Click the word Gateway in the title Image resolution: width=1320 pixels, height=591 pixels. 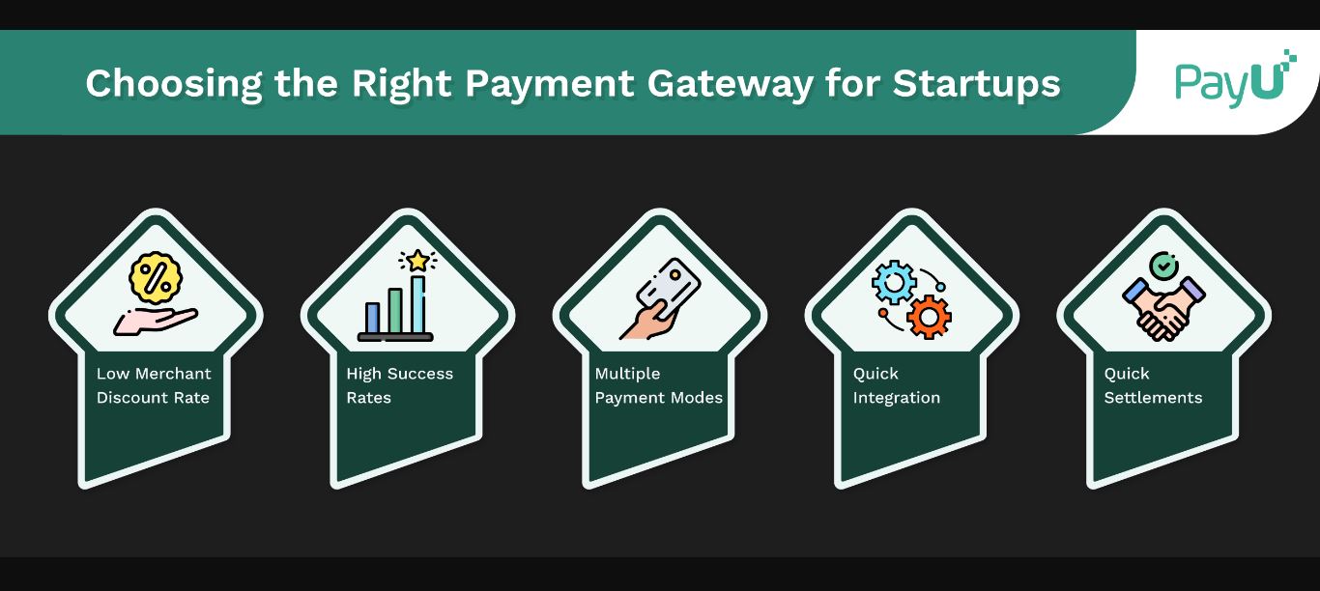pyautogui.click(x=730, y=83)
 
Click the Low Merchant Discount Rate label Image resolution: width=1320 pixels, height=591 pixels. pyautogui.click(x=154, y=385)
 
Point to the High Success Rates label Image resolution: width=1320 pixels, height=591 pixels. pyautogui.click(x=399, y=385)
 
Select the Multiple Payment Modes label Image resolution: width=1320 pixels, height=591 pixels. pyautogui.click(x=658, y=385)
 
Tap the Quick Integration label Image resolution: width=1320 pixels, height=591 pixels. pyautogui.click(x=896, y=385)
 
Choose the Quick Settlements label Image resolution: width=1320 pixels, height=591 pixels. pyautogui.click(x=1153, y=385)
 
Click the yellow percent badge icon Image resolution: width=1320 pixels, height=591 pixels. pyautogui.click(x=155, y=276)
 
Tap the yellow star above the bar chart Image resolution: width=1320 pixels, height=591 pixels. pyautogui.click(x=417, y=260)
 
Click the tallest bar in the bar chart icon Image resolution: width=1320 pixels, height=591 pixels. pyautogui.click(x=418, y=303)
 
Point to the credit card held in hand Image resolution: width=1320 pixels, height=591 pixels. pyautogui.click(x=674, y=287)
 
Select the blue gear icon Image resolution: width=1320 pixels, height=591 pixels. pyautogui.click(x=893, y=283)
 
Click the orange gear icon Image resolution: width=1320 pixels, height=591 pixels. pyautogui.click(x=930, y=316)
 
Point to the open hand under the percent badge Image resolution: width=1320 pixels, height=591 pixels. pyautogui.click(x=155, y=320)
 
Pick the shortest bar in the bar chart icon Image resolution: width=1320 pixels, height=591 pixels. pyautogui.click(x=372, y=317)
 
